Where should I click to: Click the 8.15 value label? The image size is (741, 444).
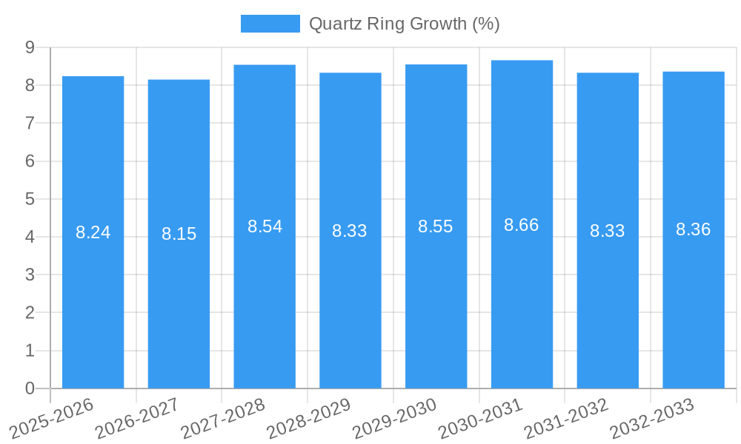point(179,234)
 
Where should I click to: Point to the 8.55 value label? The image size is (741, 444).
point(436,226)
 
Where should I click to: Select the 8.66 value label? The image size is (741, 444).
point(522,225)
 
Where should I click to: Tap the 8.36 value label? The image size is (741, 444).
point(693,229)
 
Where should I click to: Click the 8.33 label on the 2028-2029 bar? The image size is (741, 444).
point(350,231)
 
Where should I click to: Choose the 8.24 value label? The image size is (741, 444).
point(93,232)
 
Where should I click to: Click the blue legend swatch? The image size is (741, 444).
point(270,24)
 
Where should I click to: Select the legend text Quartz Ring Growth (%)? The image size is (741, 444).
point(404,24)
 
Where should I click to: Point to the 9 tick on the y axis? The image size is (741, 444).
point(30,47)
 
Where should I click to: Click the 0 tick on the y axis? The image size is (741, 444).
point(30,388)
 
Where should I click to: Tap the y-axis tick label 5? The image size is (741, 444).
point(30,199)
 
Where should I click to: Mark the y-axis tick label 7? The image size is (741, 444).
point(30,123)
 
